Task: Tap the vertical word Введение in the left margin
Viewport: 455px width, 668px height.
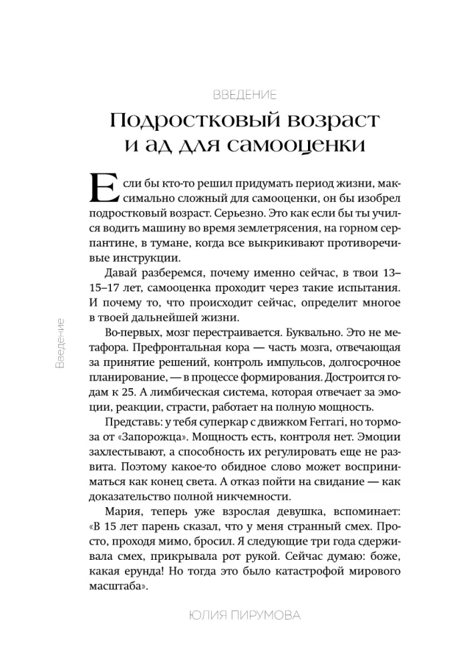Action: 60,344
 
